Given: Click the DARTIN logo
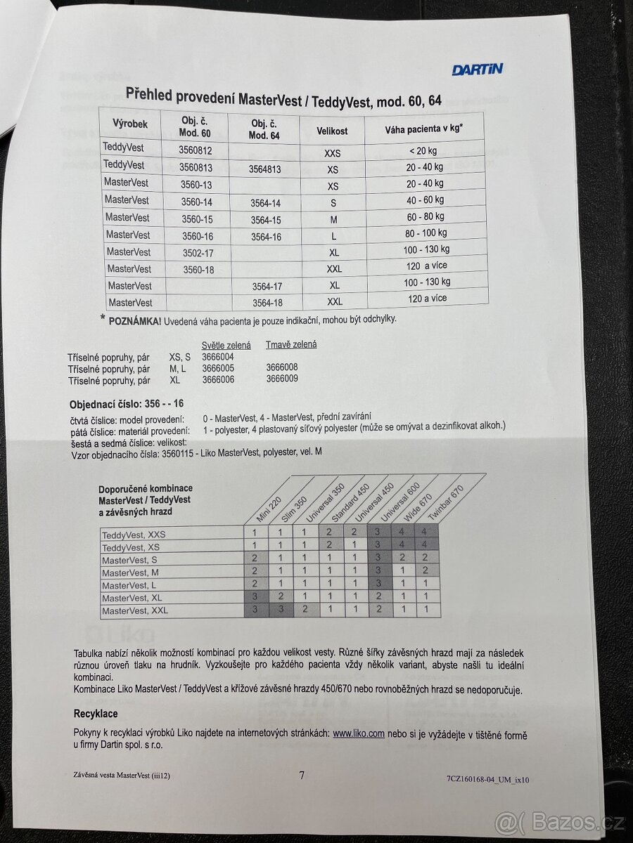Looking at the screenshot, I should pos(477,69).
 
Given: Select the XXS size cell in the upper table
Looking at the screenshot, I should pos(332,152).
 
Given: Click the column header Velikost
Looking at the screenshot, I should pos(331,131).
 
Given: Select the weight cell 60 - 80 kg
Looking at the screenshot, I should pos(425,216).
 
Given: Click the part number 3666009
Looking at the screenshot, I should pos(281,379).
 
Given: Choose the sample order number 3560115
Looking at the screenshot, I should pos(162,452).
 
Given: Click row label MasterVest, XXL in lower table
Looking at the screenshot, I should pos(135,610).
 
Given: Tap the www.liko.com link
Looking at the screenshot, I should pos(358,733).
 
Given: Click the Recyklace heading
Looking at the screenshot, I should pos(96,713).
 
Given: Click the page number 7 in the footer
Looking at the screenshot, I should pos(302,775).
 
